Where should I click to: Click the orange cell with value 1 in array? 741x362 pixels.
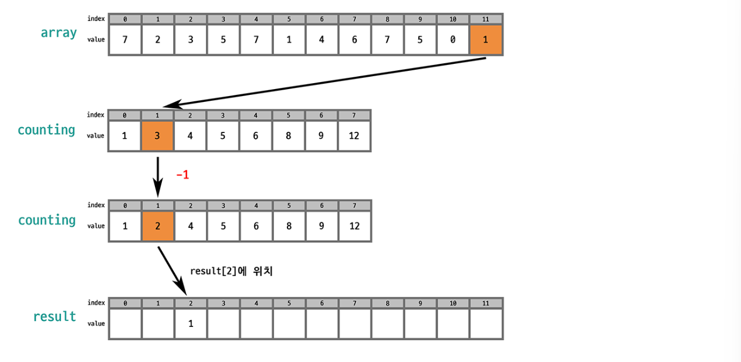coord(486,40)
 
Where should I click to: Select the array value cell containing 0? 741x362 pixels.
coord(453,40)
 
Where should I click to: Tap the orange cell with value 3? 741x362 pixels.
coord(157,136)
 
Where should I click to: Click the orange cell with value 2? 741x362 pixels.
coord(157,226)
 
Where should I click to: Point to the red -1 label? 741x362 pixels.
coord(182,175)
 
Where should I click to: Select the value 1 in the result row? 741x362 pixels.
coord(191,323)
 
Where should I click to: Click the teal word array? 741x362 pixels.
coord(59,33)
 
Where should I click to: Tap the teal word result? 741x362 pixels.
coord(55,316)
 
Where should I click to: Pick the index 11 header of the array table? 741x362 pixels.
coord(486,19)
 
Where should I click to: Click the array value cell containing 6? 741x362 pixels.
coord(354,40)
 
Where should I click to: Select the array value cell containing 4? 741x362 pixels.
coord(322,40)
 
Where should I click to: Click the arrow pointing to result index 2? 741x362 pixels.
coord(172,271)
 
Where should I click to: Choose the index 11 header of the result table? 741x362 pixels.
coord(486,303)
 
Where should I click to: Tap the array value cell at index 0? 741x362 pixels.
coord(125,40)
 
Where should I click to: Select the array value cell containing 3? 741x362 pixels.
coord(191,40)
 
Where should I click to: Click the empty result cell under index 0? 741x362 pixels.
coord(125,323)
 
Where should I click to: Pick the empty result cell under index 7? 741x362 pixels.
coord(354,323)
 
